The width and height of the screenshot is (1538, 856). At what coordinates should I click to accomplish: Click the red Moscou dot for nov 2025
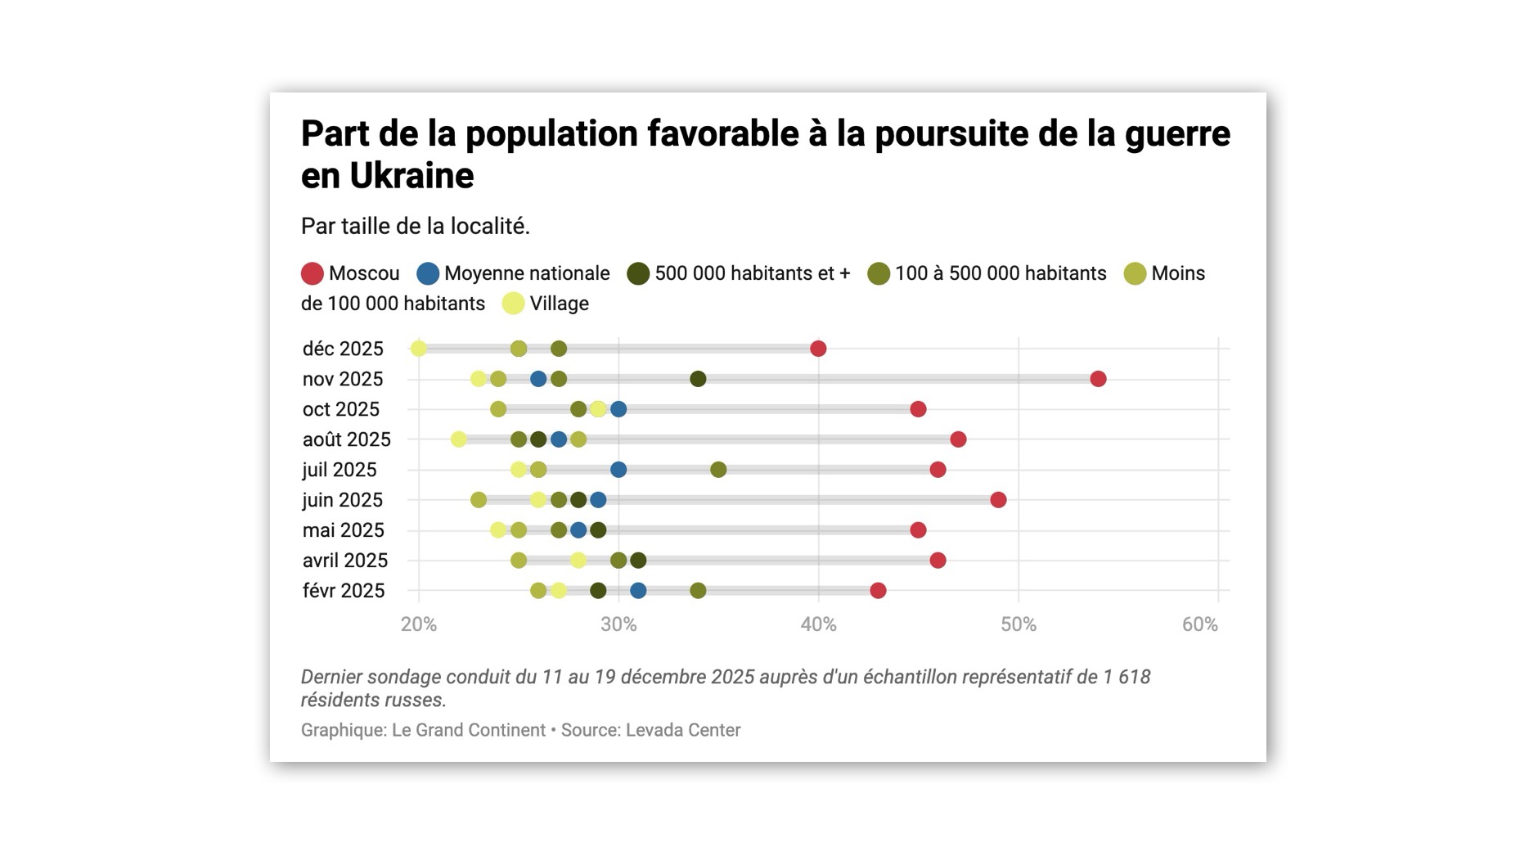click(x=1098, y=379)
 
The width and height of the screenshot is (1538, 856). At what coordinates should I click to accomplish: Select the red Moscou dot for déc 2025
click(x=818, y=349)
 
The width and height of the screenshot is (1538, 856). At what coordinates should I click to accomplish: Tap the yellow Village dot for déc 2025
click(x=418, y=349)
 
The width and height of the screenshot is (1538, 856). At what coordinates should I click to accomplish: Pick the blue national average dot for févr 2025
click(x=638, y=590)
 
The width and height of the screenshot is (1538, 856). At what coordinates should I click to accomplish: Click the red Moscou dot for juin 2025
click(x=998, y=500)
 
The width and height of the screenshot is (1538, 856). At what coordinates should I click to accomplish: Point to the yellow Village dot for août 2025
click(x=458, y=439)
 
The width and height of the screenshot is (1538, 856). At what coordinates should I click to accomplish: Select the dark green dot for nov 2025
click(x=698, y=379)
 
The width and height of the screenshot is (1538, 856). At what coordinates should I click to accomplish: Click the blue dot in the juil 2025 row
click(x=618, y=470)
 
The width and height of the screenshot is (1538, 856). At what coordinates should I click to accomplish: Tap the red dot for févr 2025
click(x=878, y=590)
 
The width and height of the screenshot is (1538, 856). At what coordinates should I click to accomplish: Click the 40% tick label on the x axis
click(x=818, y=625)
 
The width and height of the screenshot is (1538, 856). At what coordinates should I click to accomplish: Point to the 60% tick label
click(x=1199, y=625)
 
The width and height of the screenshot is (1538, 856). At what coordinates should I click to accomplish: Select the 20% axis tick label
click(x=418, y=625)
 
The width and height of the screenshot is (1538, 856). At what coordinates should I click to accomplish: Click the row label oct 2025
click(x=340, y=409)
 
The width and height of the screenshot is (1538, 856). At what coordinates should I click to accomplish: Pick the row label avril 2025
click(x=344, y=561)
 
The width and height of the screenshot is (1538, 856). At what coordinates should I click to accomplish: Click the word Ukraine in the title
click(x=411, y=176)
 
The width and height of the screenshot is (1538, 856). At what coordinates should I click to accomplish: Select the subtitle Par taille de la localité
click(x=415, y=227)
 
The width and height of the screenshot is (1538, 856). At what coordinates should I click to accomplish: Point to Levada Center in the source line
click(x=682, y=730)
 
